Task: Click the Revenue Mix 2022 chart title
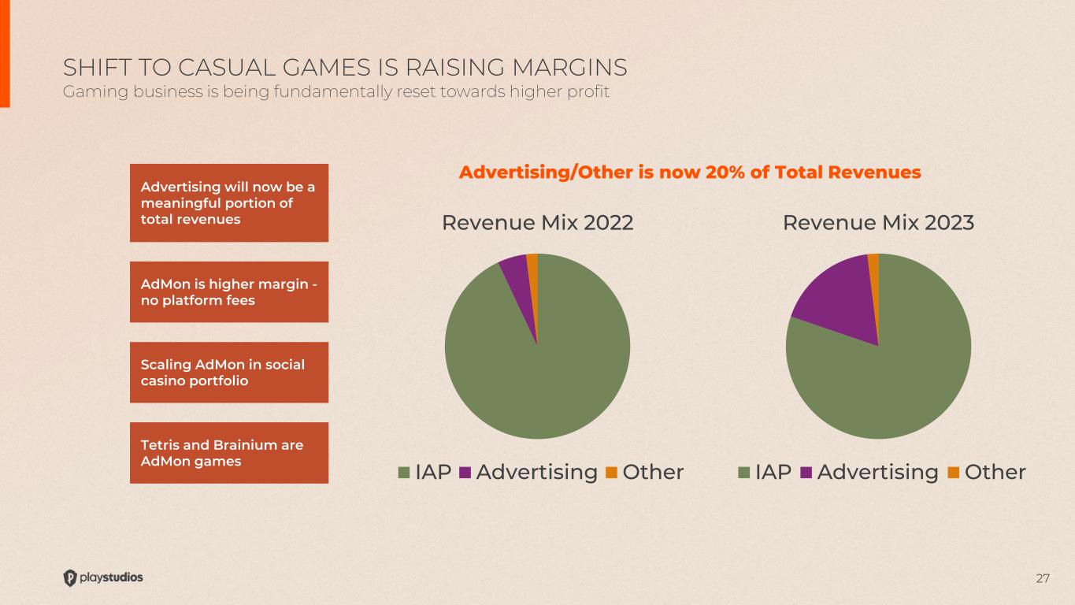538,223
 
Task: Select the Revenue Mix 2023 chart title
878,223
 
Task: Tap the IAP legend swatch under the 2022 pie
405,473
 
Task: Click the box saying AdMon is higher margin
228,291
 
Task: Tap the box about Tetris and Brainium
228,453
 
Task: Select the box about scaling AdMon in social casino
228,372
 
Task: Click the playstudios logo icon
70,577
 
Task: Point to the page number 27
1043,579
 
